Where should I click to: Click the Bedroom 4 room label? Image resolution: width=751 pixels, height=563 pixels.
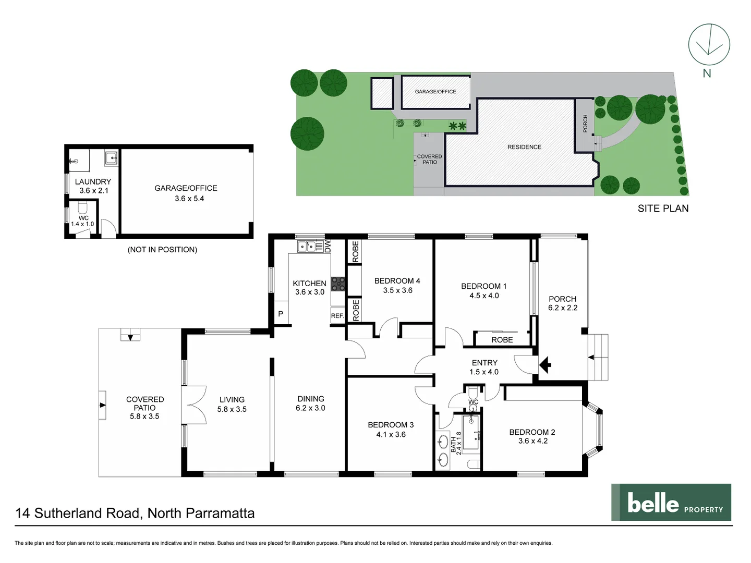[x=397, y=281]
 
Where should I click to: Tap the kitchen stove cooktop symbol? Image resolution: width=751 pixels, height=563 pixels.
[x=338, y=284]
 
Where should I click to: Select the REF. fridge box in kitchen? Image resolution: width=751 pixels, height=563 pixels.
[x=337, y=316]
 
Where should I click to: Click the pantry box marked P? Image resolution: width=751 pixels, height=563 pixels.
[x=281, y=314]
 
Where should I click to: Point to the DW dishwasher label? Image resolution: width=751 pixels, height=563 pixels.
[x=328, y=246]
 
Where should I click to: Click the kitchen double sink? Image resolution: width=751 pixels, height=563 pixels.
[x=306, y=246]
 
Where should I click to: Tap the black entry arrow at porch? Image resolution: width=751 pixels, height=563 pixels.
[x=545, y=365]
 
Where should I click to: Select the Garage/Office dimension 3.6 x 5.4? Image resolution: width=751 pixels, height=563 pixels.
[x=189, y=199]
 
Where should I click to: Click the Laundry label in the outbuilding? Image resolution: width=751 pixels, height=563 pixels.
[x=93, y=181]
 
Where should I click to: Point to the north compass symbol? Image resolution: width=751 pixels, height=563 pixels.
[x=709, y=45]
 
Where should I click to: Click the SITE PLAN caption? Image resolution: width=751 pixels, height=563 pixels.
[x=663, y=209]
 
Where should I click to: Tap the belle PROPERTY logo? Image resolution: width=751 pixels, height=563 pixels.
[x=671, y=502]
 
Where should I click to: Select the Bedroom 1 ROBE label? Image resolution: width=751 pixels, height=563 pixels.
[x=502, y=340]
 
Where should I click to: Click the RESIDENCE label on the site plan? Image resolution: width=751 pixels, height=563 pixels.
[x=524, y=147]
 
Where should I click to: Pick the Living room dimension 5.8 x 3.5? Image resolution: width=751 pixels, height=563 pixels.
[x=232, y=409]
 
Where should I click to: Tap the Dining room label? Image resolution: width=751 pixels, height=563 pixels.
[x=311, y=399]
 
